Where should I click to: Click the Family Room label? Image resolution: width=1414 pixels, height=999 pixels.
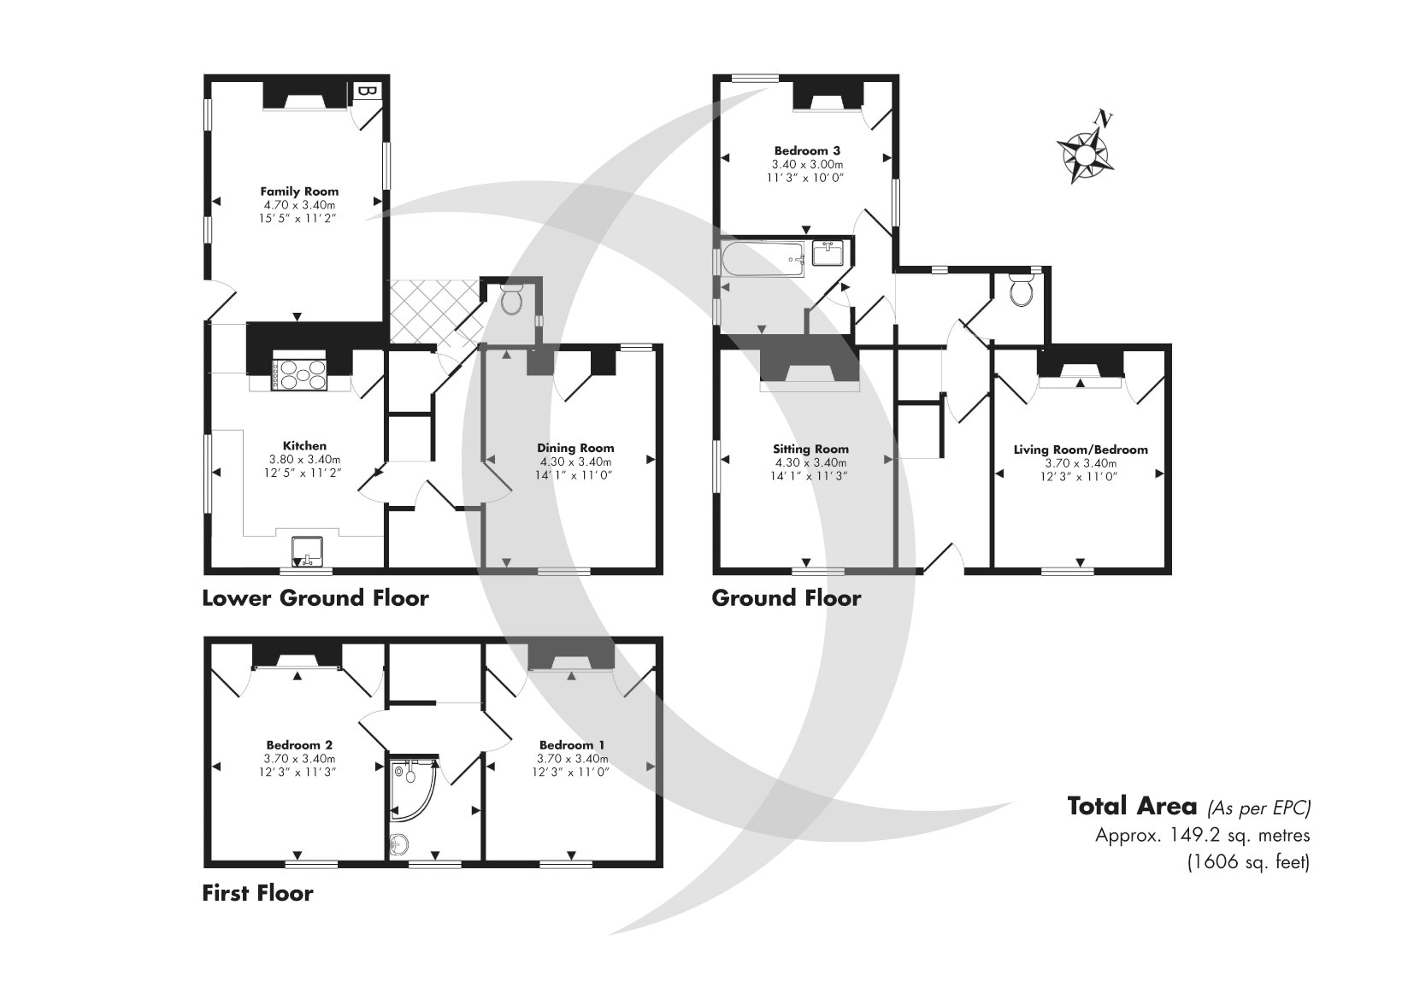point(299,191)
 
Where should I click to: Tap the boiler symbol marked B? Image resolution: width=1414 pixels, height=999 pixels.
point(366,91)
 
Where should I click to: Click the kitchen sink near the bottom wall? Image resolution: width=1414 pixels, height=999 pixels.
point(307,550)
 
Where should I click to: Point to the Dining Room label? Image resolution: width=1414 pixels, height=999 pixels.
point(575,448)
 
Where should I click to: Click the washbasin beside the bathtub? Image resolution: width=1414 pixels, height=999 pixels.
point(828,254)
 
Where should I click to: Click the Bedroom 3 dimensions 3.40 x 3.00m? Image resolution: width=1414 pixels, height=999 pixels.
point(807,164)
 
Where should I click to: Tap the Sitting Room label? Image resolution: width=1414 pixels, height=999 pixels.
point(810,449)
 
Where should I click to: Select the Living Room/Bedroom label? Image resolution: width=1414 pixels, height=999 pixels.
point(1081,450)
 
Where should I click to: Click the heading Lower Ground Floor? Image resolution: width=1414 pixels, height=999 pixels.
point(315,598)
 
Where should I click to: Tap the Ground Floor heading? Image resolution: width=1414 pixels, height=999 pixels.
point(786,598)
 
